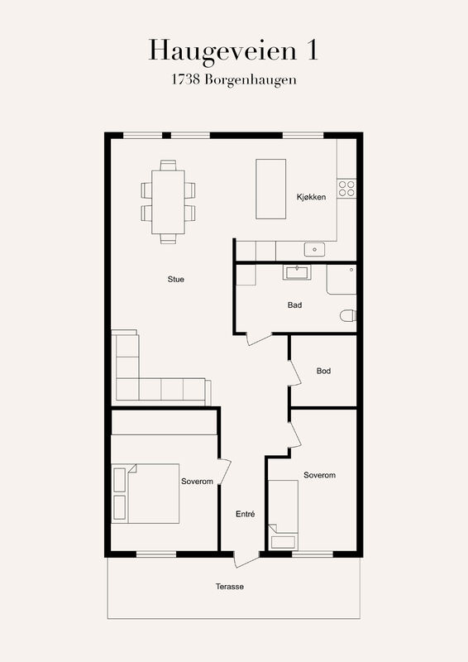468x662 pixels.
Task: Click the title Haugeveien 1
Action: pyautogui.click(x=233, y=51)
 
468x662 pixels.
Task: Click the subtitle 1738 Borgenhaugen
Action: pyautogui.click(x=234, y=79)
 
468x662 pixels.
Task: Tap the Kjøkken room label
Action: pyautogui.click(x=312, y=197)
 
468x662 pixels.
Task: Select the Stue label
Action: pyautogui.click(x=175, y=279)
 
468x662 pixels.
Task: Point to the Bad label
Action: pyautogui.click(x=294, y=305)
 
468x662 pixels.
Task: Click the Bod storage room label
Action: pyautogui.click(x=323, y=371)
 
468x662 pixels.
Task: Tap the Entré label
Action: pyautogui.click(x=246, y=514)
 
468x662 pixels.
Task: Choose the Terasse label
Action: pyautogui.click(x=230, y=587)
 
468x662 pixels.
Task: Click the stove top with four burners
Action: pyautogui.click(x=346, y=189)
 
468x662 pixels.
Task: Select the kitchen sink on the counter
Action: pyautogui.click(x=314, y=250)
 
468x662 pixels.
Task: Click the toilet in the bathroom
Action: pyautogui.click(x=348, y=315)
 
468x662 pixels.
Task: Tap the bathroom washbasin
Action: pyautogui.click(x=297, y=272)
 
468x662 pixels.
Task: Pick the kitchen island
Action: pyautogui.click(x=271, y=189)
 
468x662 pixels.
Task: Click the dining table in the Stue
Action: pyautogui.click(x=168, y=202)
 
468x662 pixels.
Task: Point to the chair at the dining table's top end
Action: pyautogui.click(x=168, y=165)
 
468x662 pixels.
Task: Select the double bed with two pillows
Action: pyautogui.click(x=146, y=493)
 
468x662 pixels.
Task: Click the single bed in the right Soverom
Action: pyautogui.click(x=283, y=515)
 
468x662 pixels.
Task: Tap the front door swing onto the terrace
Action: pyautogui.click(x=246, y=560)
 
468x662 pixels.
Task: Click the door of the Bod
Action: pyautogui.click(x=294, y=373)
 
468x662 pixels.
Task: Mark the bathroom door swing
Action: pyautogui.click(x=258, y=339)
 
